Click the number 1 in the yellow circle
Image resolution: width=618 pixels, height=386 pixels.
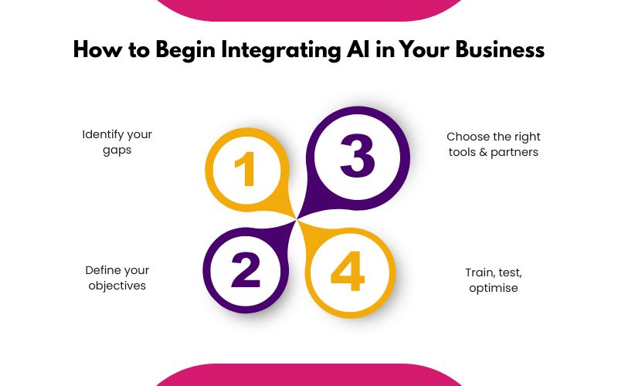coord(245,169)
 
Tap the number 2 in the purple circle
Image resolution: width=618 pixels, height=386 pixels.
coord(246,271)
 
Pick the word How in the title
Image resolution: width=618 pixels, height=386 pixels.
coord(93,49)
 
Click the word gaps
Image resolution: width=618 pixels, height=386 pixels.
coord(117,150)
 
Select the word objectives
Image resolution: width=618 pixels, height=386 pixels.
coord(117,286)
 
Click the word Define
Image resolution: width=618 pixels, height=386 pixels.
coord(104,270)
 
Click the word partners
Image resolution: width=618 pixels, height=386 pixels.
coord(516,152)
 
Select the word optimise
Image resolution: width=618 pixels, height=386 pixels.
coord(493,288)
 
